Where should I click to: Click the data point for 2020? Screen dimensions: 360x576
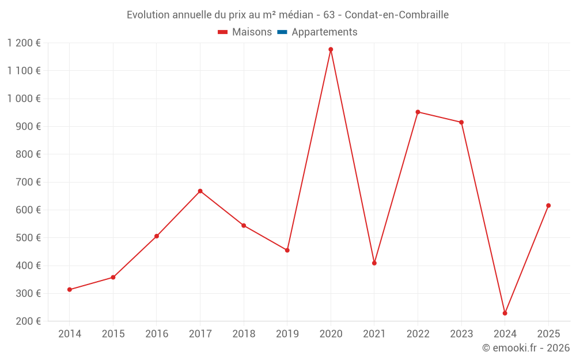click(331, 50)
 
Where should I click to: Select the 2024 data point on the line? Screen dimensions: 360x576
click(505, 313)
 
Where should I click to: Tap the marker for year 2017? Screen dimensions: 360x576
click(200, 191)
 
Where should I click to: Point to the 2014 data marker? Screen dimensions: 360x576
click(70, 290)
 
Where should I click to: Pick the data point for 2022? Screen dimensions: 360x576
click(418, 112)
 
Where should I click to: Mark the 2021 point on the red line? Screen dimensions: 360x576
click(374, 263)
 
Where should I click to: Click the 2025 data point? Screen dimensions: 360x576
click(548, 206)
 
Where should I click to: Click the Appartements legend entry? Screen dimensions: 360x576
click(324, 32)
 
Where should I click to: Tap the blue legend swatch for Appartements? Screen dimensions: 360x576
click(282, 32)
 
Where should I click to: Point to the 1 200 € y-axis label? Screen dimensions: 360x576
click(24, 43)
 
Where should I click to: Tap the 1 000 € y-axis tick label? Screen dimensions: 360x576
click(24, 98)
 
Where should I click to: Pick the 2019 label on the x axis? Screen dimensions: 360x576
click(287, 334)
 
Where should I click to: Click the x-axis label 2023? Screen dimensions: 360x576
click(461, 334)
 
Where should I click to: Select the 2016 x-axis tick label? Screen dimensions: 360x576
click(157, 334)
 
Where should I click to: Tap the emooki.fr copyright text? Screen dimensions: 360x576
click(526, 348)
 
